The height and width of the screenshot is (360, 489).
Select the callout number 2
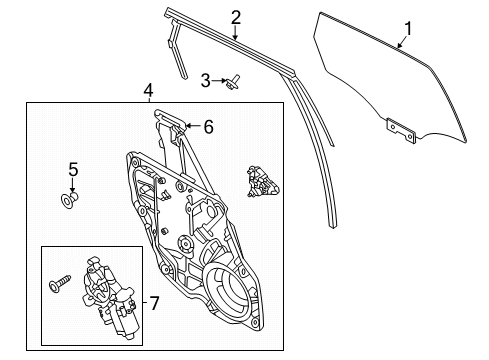point(235,16)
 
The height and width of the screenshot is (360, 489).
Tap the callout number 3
point(205,79)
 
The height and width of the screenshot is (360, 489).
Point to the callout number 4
point(148,91)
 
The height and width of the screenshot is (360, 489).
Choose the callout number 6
point(208,128)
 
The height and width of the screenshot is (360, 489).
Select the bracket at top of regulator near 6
point(171,126)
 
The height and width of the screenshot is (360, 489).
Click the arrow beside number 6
point(193,127)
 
